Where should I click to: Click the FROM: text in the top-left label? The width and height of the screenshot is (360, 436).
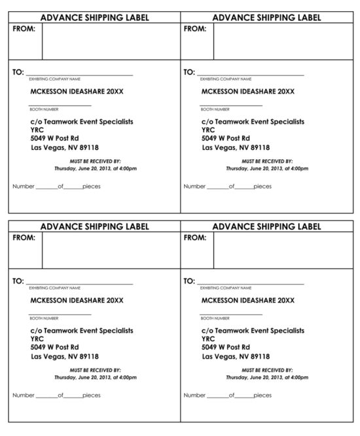[25, 29]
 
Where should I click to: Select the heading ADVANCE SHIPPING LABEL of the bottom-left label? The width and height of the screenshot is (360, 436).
[94, 227]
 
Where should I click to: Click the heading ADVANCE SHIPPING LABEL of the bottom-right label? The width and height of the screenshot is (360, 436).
[266, 227]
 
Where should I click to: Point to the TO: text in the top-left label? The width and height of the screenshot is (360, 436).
[18, 72]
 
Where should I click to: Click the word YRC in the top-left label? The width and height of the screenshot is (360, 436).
[37, 130]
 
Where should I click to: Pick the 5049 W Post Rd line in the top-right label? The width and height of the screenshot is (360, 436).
[226, 138]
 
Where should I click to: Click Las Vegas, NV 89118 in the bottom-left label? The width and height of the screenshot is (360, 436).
[65, 356]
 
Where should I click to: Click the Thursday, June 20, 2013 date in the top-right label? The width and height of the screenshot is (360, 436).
[266, 168]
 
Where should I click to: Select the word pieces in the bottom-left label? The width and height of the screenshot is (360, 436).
[92, 395]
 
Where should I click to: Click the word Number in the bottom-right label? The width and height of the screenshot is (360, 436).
[194, 395]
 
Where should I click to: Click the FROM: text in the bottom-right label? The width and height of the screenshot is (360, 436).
[196, 238]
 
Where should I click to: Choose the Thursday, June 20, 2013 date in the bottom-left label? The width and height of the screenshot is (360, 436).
[95, 378]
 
